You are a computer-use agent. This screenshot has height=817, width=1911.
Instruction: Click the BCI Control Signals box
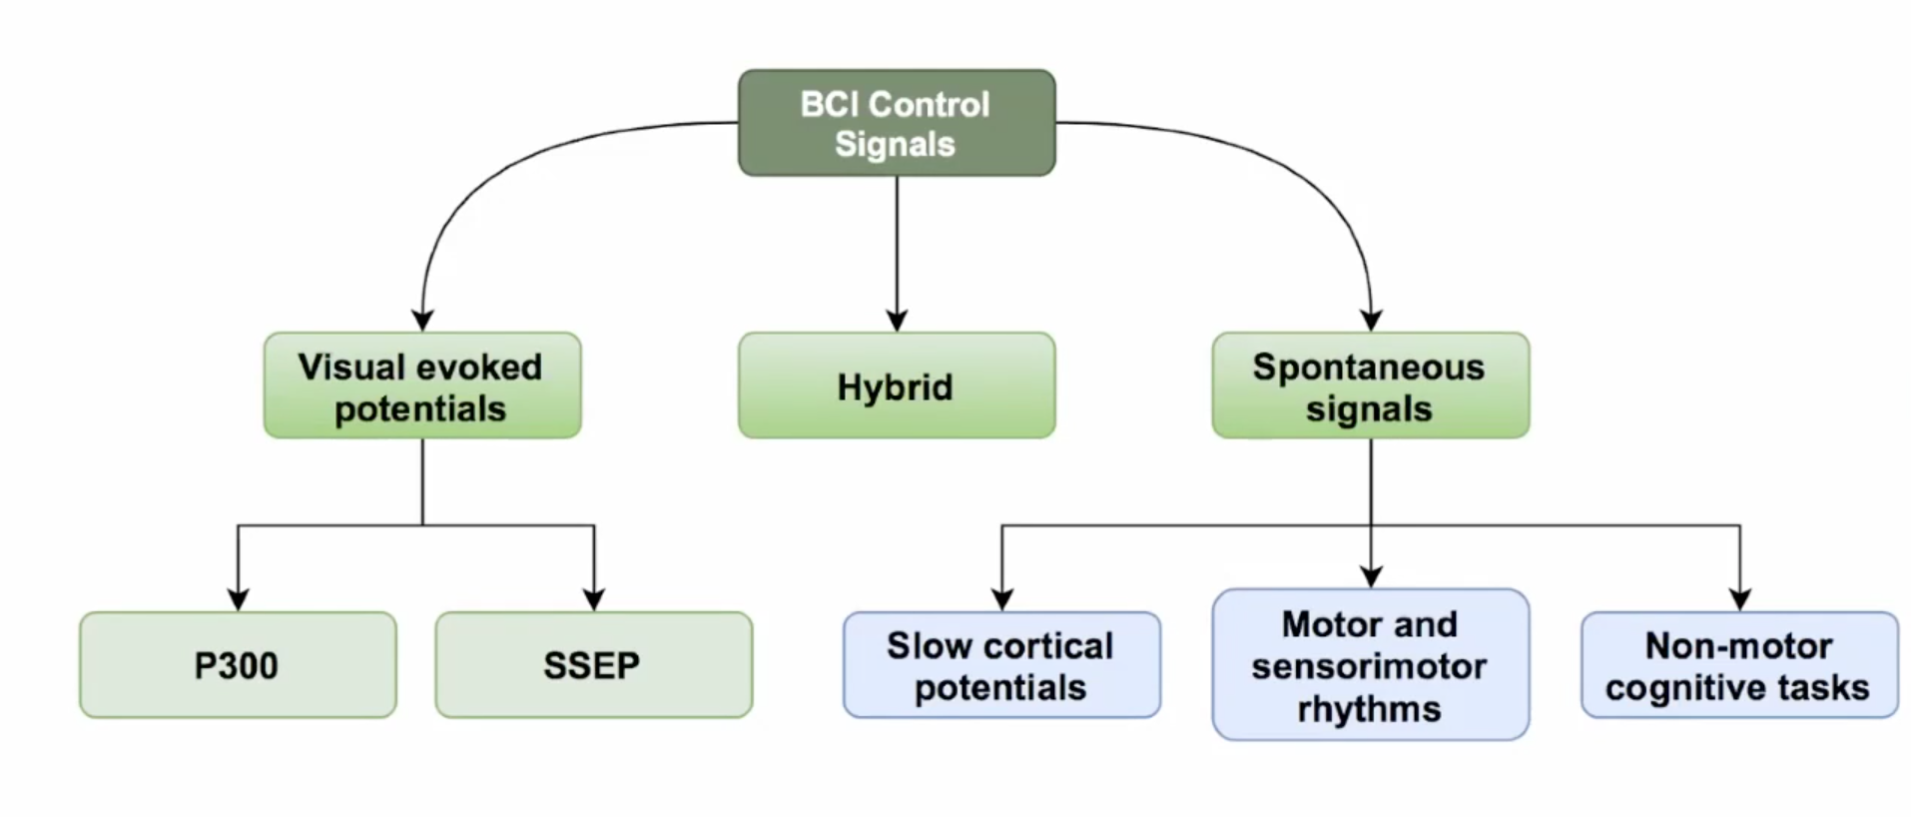click(897, 123)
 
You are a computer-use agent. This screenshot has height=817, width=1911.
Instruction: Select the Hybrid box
click(897, 386)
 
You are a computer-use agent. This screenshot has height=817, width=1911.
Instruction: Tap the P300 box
click(238, 665)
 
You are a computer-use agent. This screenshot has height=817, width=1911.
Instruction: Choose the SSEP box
click(594, 665)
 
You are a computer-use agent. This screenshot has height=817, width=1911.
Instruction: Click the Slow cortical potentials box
click(1001, 665)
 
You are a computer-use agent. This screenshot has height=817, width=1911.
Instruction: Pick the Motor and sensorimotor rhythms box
click(1371, 664)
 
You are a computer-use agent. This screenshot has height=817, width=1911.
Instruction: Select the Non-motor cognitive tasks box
click(1740, 665)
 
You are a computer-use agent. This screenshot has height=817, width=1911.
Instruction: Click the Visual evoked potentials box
click(422, 386)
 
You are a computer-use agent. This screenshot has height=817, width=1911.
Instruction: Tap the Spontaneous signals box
click(1371, 386)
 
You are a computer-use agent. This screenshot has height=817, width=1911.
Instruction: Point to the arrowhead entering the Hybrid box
click(897, 320)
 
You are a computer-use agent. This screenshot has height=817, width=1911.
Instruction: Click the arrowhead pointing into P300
click(238, 599)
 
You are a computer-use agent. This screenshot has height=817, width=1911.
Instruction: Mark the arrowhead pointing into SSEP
click(594, 599)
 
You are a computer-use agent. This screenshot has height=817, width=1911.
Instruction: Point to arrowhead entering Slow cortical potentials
click(1001, 599)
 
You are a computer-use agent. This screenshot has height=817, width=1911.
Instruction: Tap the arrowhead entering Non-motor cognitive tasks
click(1740, 599)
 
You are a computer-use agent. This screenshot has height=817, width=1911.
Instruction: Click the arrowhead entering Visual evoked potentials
click(422, 320)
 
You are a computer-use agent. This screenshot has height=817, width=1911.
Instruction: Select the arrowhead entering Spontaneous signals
click(1371, 320)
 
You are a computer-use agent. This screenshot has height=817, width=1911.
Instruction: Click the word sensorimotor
click(1369, 666)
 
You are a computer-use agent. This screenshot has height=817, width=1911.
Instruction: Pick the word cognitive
click(1687, 689)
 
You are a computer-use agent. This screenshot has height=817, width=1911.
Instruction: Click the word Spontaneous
click(1369, 369)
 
